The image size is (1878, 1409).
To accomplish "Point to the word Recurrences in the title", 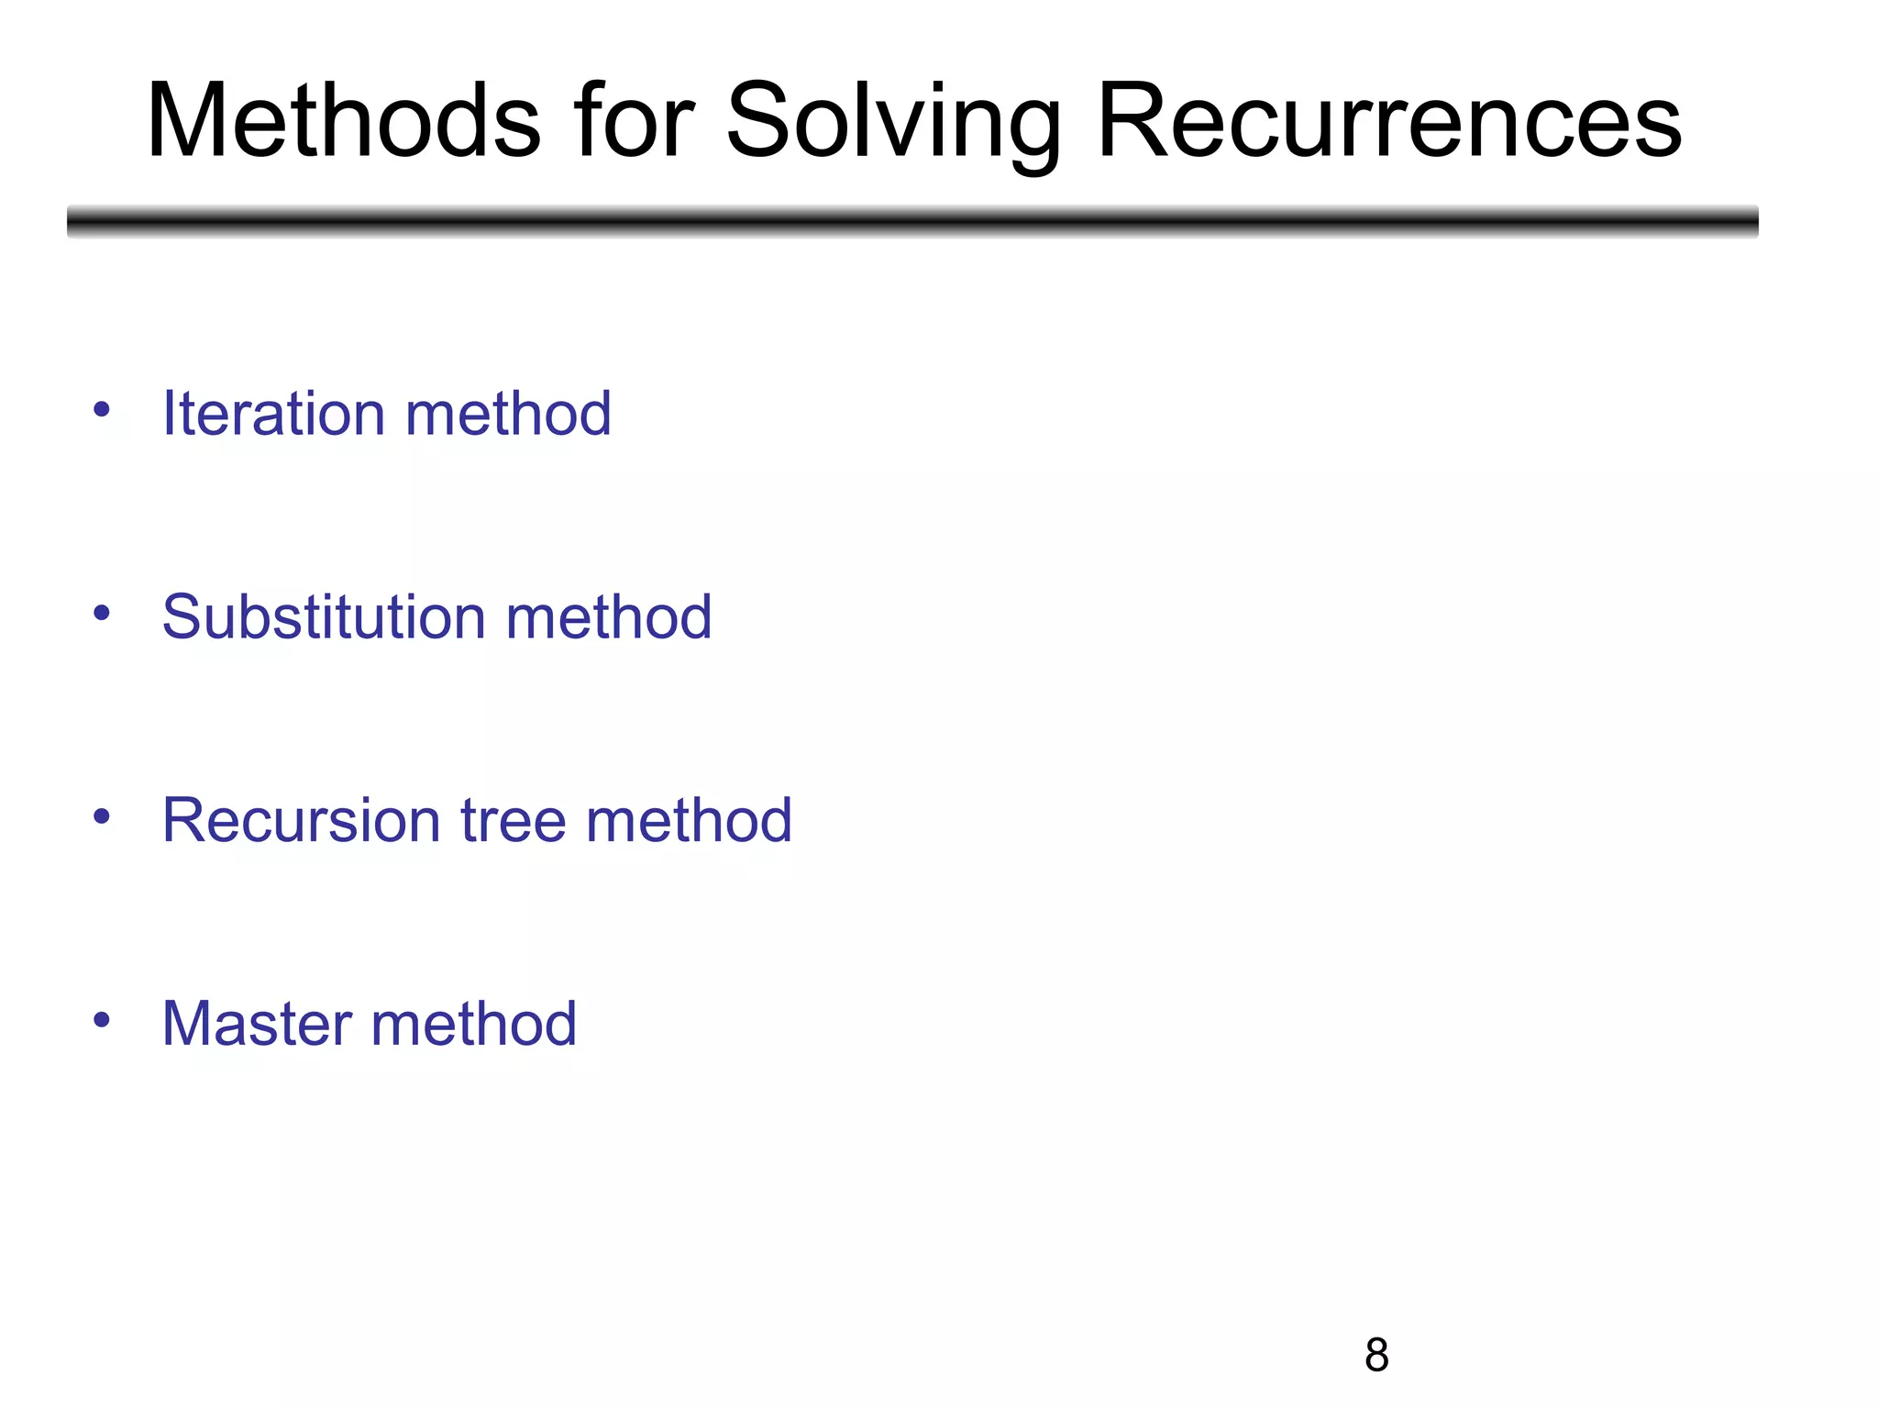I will tap(1389, 122).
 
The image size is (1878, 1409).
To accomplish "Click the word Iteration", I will tap(272, 414).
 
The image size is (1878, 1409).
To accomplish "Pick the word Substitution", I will tap(322, 616).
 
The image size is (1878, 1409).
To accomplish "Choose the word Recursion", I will tap(300, 820).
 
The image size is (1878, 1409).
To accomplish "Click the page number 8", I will tap(1376, 1356).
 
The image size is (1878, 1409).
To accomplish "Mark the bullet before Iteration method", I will tap(102, 409).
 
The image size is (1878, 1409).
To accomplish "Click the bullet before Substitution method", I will tap(102, 612).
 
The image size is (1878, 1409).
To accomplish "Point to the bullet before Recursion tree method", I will tap(102, 815).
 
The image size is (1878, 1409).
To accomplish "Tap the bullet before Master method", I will tap(102, 1019).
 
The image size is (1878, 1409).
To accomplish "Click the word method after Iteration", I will tap(508, 414).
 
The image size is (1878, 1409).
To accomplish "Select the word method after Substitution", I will tap(609, 616).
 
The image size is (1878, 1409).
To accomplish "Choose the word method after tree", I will tap(689, 820).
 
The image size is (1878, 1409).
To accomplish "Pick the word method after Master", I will tap(473, 1024).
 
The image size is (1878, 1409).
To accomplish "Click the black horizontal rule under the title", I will tap(912, 221).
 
